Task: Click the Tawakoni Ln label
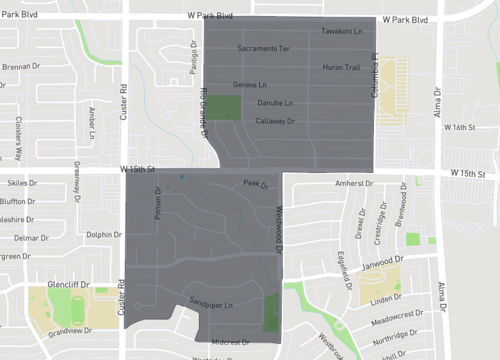tap(339, 32)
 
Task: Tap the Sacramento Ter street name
tap(264, 48)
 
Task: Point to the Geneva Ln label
tap(249, 85)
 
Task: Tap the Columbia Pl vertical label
tap(377, 71)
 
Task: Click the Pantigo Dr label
tap(193, 59)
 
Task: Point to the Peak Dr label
tap(256, 184)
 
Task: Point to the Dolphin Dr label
tap(104, 235)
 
